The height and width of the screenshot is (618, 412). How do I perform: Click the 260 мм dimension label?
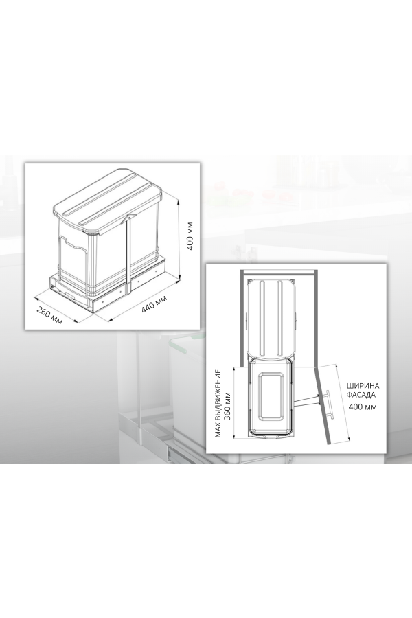click(50, 315)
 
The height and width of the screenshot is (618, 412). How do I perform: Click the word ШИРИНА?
click(363, 386)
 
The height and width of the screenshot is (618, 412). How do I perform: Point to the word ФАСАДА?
click(360, 395)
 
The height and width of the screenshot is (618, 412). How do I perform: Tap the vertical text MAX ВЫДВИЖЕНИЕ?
click(218, 404)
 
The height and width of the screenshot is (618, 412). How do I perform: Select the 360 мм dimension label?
click(227, 404)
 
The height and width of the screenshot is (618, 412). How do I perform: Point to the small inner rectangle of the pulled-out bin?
click(271, 397)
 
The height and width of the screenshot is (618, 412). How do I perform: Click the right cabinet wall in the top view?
click(315, 317)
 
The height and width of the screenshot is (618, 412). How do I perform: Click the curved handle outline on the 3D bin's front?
click(72, 244)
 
